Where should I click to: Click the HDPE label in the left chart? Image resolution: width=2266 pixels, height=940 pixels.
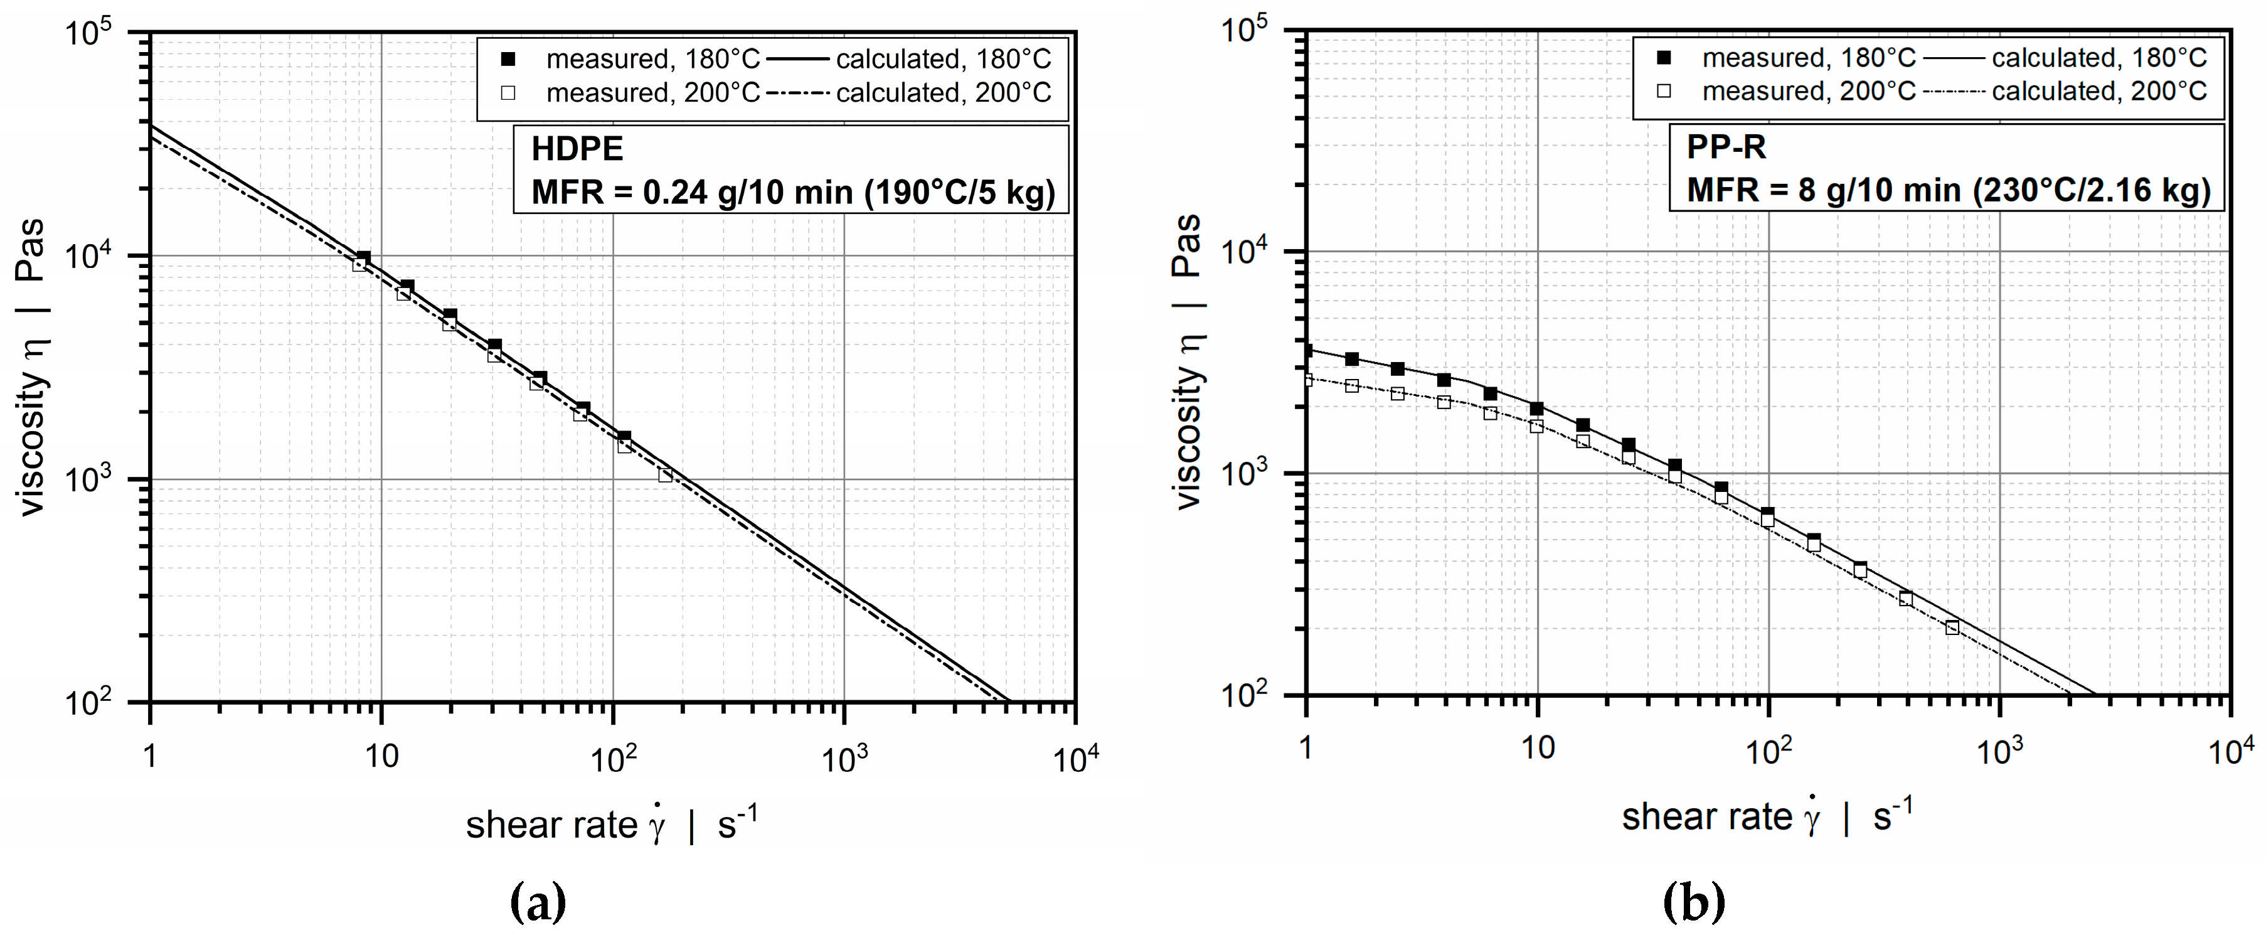tap(577, 149)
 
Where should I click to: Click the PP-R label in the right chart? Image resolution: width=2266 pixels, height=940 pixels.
tap(1726, 147)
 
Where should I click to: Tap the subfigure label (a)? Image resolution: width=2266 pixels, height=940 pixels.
tap(538, 902)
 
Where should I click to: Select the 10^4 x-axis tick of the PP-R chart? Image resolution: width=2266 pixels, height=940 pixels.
tap(2231, 750)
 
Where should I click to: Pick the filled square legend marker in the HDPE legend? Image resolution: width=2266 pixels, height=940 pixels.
tap(508, 59)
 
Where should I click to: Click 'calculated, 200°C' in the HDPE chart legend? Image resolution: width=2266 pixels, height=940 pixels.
tap(943, 92)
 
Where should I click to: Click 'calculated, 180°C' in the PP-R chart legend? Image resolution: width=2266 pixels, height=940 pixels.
tap(2099, 58)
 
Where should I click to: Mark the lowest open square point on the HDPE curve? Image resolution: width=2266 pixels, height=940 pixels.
tap(665, 475)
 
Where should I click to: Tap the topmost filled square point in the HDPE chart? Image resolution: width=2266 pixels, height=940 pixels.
tap(363, 258)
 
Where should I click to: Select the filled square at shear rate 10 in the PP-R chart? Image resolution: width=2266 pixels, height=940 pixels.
tap(1537, 409)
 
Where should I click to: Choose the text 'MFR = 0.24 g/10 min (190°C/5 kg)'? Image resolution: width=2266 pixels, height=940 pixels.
tap(792, 192)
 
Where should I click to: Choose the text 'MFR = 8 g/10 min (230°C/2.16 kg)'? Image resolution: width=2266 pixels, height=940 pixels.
tap(1947, 190)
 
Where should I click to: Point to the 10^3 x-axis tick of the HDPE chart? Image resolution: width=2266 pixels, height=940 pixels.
tap(844, 757)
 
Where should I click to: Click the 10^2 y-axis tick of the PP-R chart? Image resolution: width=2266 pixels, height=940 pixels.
tap(1245, 696)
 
